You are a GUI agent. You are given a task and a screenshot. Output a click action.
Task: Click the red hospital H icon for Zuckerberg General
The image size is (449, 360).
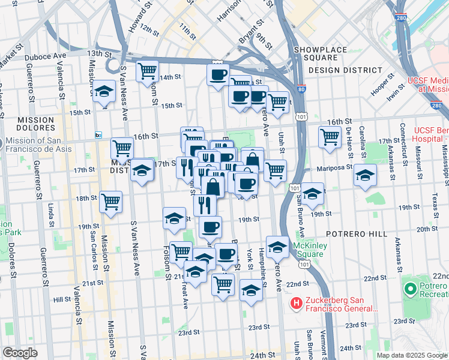295,304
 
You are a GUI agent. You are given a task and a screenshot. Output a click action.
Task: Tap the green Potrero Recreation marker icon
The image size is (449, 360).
411,290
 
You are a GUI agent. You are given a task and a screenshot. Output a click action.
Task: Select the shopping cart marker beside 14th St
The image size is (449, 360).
146,71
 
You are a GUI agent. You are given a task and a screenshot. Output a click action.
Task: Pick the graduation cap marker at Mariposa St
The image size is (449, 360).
365,175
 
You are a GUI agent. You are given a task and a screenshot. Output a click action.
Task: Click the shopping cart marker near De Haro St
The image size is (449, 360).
330,136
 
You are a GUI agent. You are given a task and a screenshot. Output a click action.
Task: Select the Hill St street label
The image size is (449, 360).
62,299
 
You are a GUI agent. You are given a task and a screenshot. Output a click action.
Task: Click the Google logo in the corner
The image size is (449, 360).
20,353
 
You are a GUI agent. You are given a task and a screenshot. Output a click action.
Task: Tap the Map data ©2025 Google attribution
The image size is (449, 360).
412,355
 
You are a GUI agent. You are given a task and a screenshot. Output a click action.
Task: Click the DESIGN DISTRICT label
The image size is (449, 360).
345,70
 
